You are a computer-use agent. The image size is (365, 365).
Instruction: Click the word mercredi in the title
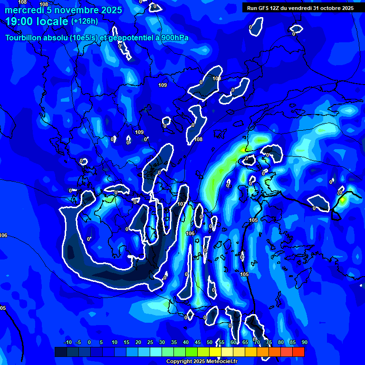24,10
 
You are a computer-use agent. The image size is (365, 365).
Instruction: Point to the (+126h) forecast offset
85,21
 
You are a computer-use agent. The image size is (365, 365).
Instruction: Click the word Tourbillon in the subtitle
24,38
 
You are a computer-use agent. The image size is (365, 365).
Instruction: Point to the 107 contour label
181,204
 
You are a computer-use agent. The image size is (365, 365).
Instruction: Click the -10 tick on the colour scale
67,342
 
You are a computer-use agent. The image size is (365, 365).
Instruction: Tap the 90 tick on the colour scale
304,342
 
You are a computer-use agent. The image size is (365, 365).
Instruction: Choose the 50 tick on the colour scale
210,342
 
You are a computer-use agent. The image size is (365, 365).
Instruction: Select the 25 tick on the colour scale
150,342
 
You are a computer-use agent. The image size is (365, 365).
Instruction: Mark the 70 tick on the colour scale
257,342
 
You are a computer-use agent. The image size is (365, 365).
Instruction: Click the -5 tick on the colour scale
78,342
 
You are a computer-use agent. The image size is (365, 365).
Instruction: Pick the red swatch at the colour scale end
298,352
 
